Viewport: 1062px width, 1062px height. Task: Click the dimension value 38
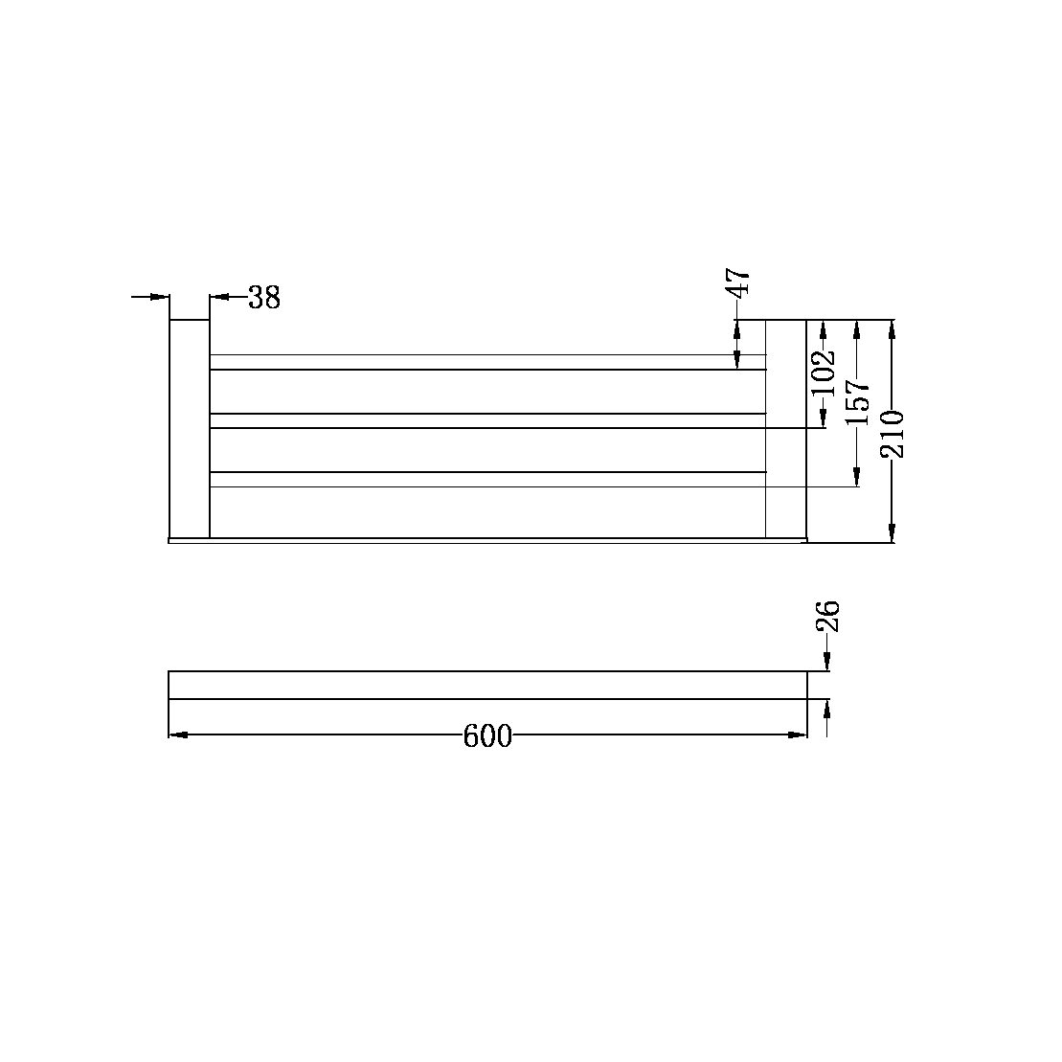click(x=264, y=298)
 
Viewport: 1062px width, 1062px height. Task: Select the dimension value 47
click(x=738, y=284)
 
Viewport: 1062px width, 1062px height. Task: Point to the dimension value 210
click(x=893, y=433)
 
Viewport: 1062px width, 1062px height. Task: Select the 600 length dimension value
click(x=487, y=736)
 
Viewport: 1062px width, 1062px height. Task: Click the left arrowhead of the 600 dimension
click(x=179, y=734)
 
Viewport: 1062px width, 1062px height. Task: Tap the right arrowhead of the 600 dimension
click(x=797, y=734)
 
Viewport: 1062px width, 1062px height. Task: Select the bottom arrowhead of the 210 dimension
click(x=893, y=532)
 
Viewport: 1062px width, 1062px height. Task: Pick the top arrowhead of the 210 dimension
click(x=893, y=329)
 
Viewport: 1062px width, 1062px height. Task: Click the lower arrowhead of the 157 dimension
click(x=858, y=477)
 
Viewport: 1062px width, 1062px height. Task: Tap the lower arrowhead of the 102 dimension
click(x=824, y=418)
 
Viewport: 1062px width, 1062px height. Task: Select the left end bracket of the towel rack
click(x=190, y=429)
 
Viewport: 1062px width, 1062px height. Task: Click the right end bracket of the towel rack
click(x=785, y=429)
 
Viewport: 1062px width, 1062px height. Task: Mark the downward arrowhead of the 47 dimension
click(x=736, y=359)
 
